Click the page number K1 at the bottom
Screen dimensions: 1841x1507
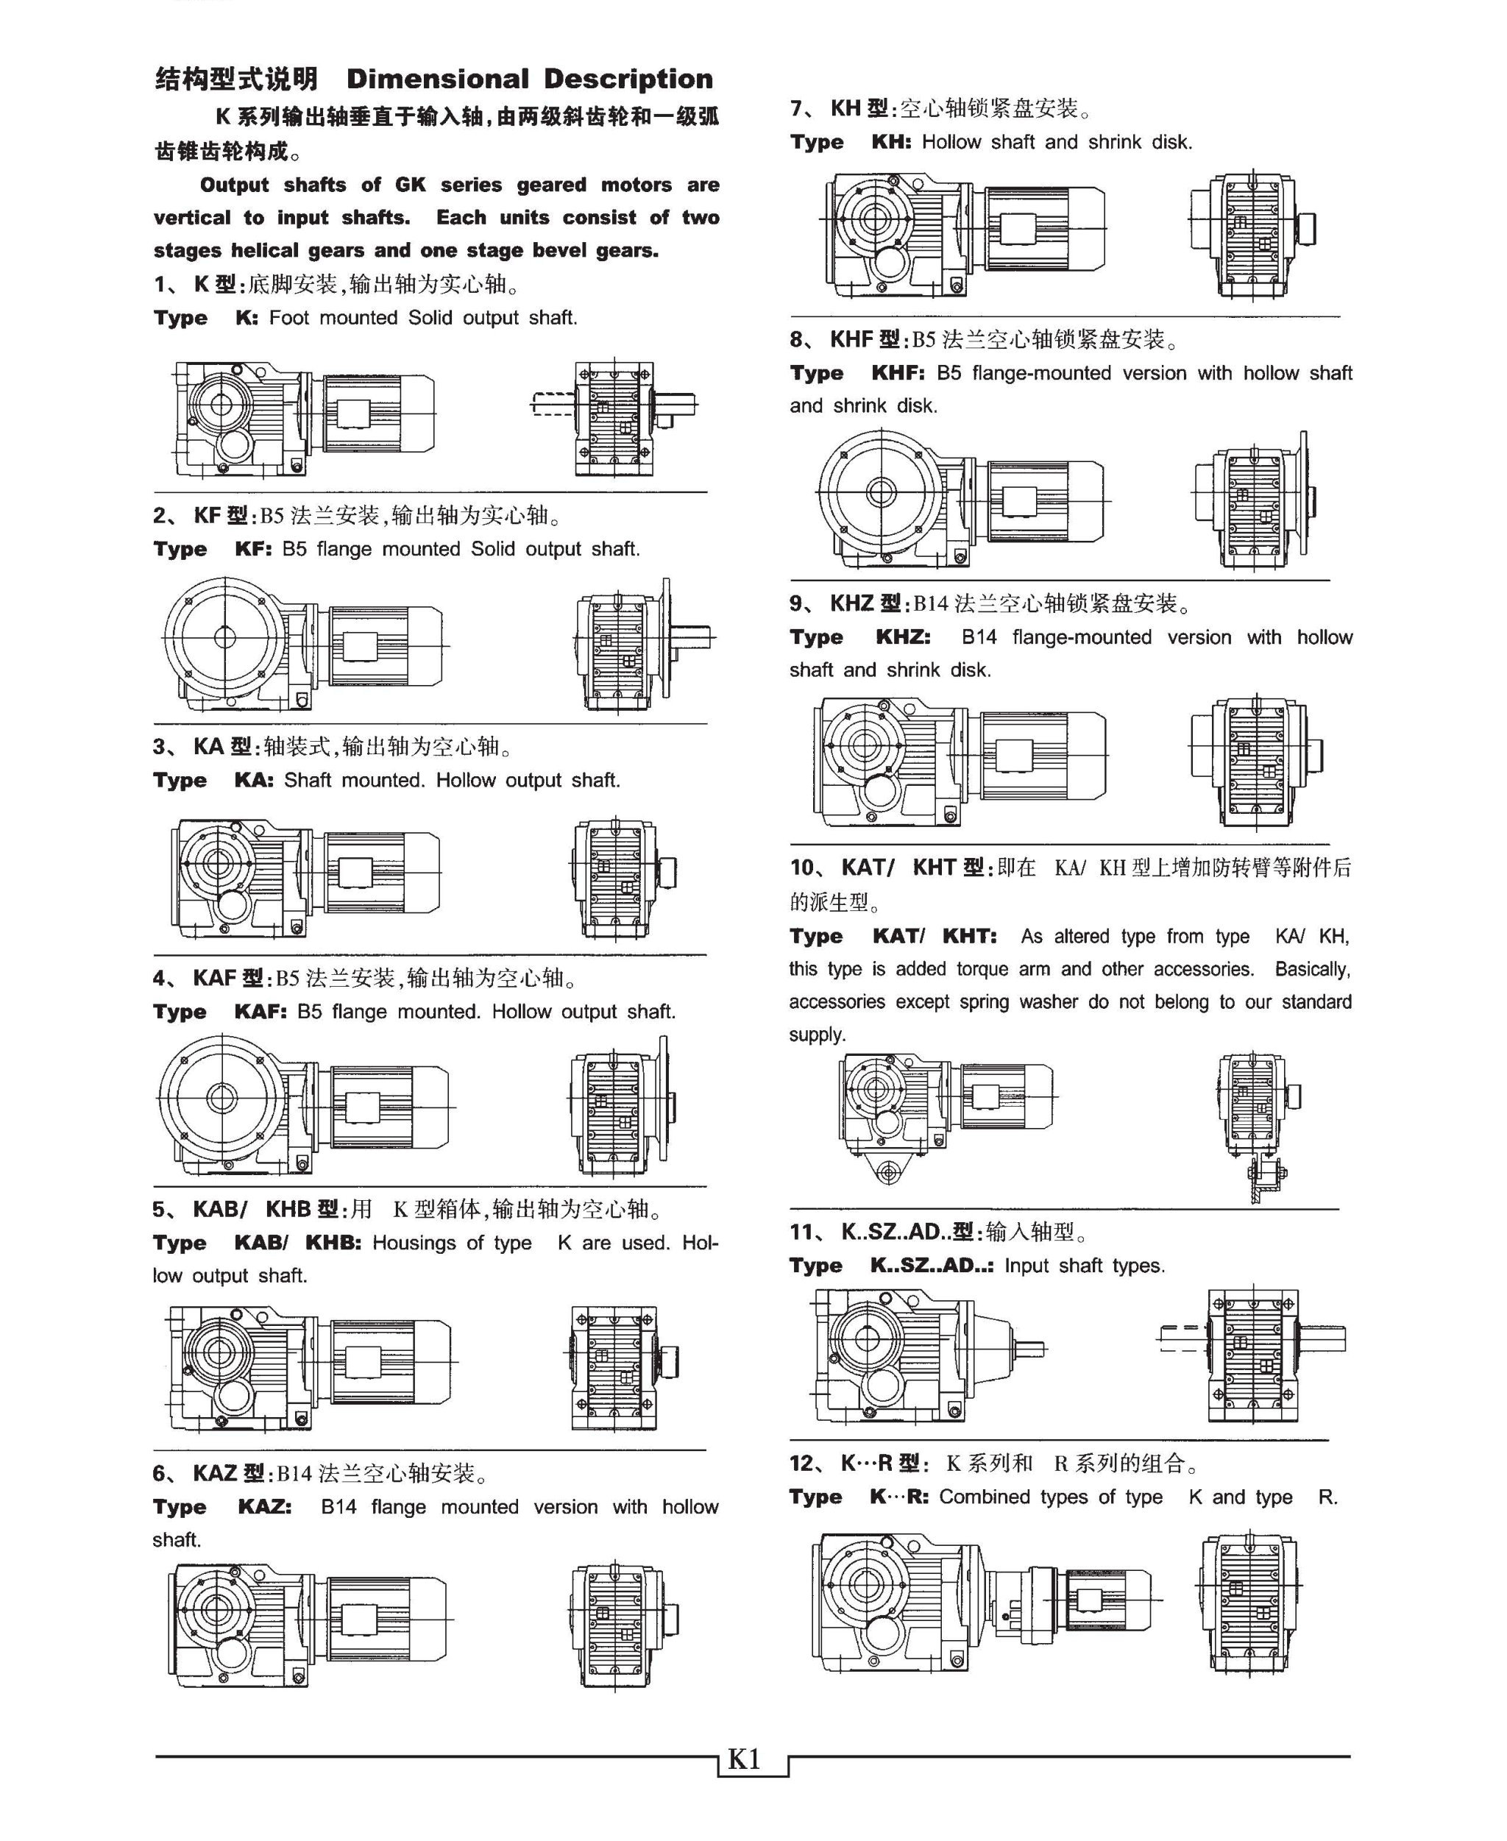(744, 1759)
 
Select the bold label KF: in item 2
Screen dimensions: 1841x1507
(252, 550)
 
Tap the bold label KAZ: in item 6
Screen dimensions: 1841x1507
(265, 1507)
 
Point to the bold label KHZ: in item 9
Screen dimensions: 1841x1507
(903, 637)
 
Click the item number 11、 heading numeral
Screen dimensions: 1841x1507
(805, 1232)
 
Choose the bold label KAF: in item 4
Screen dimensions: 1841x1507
(260, 1012)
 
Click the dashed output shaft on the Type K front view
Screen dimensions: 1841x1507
(551, 405)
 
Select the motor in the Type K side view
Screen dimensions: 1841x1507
(377, 414)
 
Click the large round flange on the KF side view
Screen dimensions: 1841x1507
(224, 638)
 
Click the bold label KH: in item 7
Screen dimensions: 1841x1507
(890, 142)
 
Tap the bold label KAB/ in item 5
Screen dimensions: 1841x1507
(260, 1243)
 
